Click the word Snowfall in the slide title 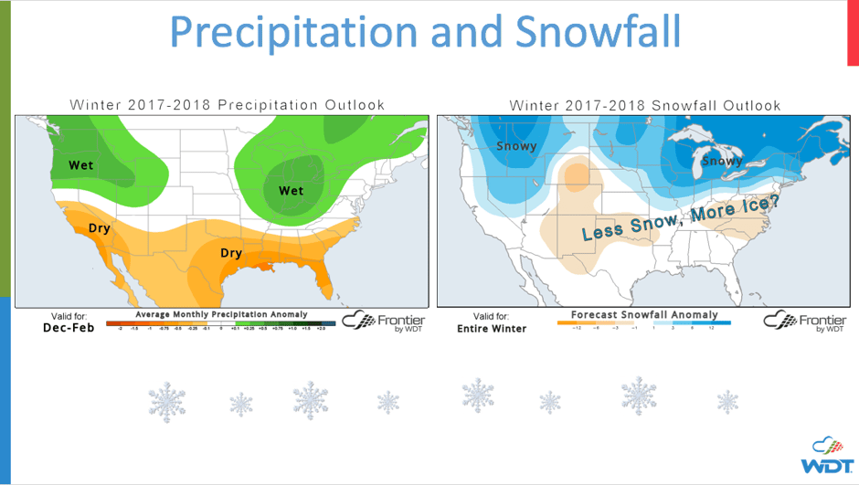pyautogui.click(x=598, y=32)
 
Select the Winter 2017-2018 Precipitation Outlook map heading pyautogui.click(x=228, y=105)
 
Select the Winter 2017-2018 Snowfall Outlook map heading pyautogui.click(x=645, y=105)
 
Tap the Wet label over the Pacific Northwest pyautogui.click(x=81, y=165)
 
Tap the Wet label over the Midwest pyautogui.click(x=291, y=191)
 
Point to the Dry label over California pyautogui.click(x=99, y=228)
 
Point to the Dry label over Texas pyautogui.click(x=231, y=252)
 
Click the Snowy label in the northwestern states pyautogui.click(x=516, y=146)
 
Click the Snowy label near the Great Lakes pyautogui.click(x=722, y=162)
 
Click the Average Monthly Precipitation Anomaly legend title pyautogui.click(x=221, y=314)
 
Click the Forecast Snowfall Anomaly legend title pyautogui.click(x=643, y=314)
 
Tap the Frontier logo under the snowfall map pyautogui.click(x=804, y=322)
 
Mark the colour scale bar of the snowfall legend pyautogui.click(x=643, y=322)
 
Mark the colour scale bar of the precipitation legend pyautogui.click(x=220, y=323)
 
